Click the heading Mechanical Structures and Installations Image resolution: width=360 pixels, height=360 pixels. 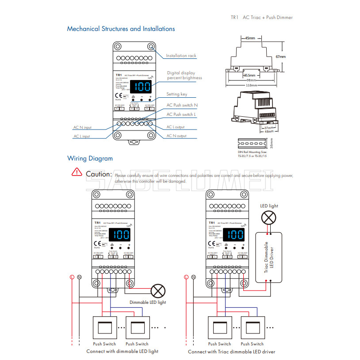coord(121,29)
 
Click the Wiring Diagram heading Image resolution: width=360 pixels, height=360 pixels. coord(90,158)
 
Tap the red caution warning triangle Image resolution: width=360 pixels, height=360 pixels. coord(77,172)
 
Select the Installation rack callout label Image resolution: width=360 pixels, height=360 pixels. coord(181,56)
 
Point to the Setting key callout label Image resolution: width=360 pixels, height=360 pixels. coord(176,94)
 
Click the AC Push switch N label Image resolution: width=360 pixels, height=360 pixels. coord(182,105)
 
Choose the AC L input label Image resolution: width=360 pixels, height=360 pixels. coord(81,136)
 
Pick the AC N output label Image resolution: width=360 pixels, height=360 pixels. coord(176,136)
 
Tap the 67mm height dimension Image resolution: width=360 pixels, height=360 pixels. coord(280,57)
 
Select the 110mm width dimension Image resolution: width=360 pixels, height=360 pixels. coord(252,85)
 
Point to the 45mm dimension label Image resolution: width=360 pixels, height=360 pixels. coord(250,38)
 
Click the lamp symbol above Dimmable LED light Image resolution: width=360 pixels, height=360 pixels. coord(157,291)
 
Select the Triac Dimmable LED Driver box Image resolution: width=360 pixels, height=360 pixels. coord(269,257)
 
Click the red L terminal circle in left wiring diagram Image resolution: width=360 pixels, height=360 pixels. coord(72,277)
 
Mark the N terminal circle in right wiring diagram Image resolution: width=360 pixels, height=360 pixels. coord(194,277)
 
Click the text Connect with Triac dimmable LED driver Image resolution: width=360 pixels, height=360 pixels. coord(231,352)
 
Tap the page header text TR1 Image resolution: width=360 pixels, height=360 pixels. coord(234,18)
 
